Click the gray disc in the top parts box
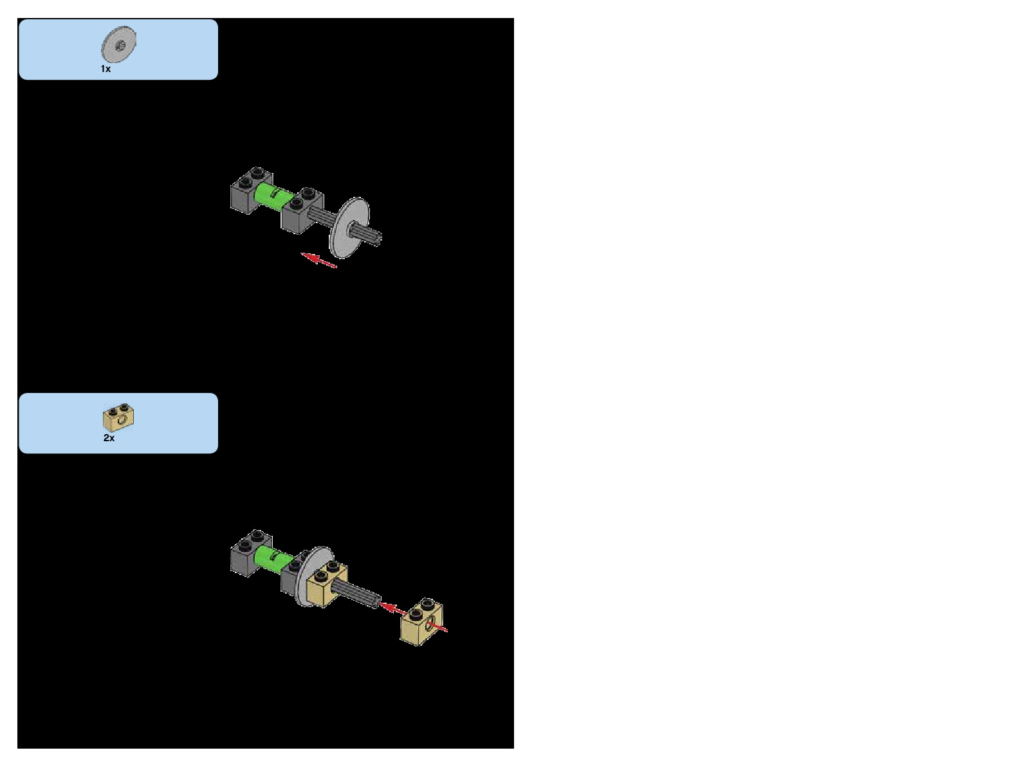click(119, 46)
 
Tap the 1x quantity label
click(106, 69)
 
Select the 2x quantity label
click(109, 438)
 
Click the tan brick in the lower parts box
click(118, 419)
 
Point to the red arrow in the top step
click(319, 260)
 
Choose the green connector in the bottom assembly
click(272, 558)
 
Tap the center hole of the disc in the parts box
click(120, 45)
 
